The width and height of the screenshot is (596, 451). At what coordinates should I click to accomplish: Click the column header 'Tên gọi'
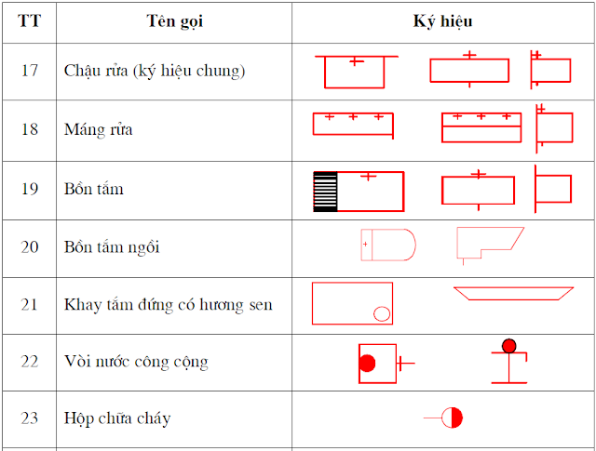tap(174, 21)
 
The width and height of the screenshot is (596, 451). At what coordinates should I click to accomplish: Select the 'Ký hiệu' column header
tap(443, 21)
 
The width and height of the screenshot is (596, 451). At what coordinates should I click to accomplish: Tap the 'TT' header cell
tap(29, 20)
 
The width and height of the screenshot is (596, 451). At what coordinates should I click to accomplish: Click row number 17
tap(29, 71)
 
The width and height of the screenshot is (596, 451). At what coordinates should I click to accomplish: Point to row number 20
tap(29, 247)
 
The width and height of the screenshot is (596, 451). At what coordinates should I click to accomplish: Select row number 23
tap(29, 418)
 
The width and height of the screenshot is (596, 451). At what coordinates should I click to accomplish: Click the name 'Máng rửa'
tap(98, 129)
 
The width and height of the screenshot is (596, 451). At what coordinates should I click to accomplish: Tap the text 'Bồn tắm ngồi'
tap(112, 247)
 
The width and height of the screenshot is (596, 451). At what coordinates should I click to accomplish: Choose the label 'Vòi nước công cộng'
tap(136, 362)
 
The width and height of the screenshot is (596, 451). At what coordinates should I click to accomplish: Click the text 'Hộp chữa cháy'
tap(117, 418)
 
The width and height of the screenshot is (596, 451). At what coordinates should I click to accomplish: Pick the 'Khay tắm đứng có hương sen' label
tap(168, 305)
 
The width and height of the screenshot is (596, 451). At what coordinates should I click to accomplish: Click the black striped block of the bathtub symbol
tap(325, 192)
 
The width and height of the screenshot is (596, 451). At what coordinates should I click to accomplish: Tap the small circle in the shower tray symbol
tap(382, 314)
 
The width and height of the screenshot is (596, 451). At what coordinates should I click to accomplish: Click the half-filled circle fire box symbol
tap(452, 418)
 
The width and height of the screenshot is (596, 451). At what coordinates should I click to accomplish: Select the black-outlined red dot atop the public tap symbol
tap(509, 346)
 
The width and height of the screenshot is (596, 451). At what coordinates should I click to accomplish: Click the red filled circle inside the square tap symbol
tap(367, 363)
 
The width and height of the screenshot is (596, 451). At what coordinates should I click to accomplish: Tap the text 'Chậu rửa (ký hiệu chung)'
tap(155, 71)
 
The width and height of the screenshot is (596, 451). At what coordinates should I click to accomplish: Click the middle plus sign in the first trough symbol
tap(353, 117)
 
